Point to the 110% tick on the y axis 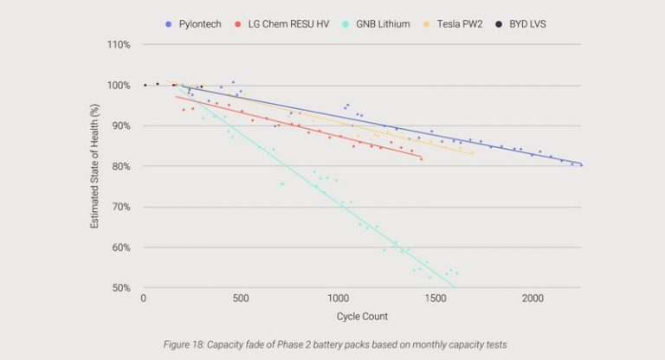click(x=119, y=45)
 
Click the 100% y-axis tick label click(x=119, y=86)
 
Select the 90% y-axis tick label click(x=120, y=126)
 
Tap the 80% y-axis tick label click(x=120, y=166)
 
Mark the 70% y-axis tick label click(x=120, y=207)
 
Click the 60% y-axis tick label click(x=120, y=247)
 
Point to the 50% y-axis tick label click(x=120, y=288)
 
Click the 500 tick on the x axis click(x=241, y=299)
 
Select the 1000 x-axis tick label click(x=338, y=299)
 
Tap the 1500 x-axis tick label click(x=436, y=299)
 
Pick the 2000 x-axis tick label click(x=533, y=299)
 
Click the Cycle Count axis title click(x=363, y=315)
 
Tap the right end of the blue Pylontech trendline click(x=582, y=164)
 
